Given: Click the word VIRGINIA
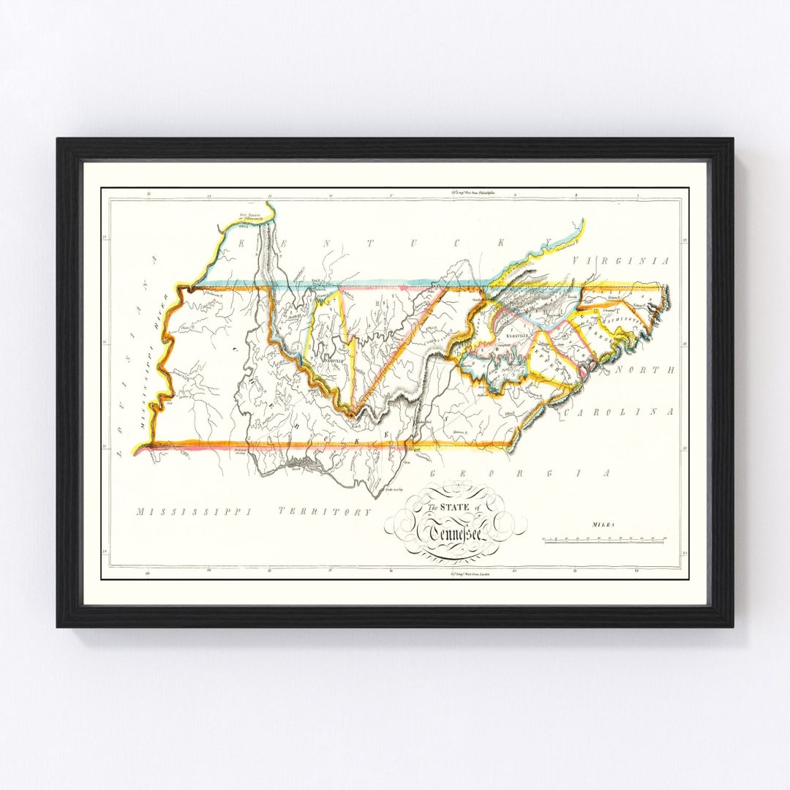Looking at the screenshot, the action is (621, 261).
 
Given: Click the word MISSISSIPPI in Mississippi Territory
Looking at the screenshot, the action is (195, 512).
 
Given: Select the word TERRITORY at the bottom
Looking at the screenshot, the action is (325, 512).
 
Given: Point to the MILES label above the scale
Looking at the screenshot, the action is (604, 524).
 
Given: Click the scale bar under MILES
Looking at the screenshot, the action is (603, 540).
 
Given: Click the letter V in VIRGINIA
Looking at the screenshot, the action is (576, 261).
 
